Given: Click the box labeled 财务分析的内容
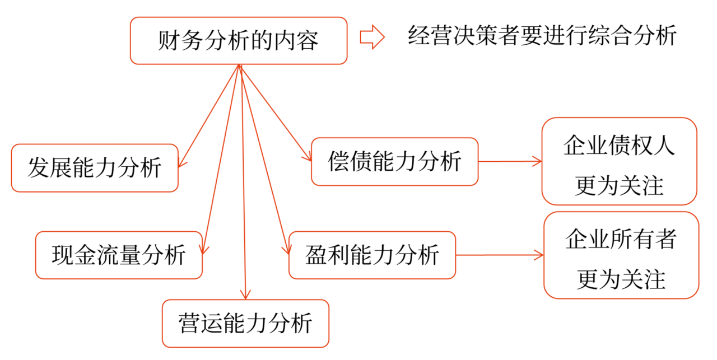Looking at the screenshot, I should coord(239,40).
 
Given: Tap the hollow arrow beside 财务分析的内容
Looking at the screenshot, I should coord(372,38).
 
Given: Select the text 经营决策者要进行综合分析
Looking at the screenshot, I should coord(542,37).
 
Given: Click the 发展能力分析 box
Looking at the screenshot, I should coord(95,168).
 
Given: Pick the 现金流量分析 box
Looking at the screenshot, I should coord(119,255).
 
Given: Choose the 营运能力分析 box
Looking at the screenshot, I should coord(245,324).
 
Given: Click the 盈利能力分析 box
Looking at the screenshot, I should coord(372,255).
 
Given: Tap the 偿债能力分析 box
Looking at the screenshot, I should coord(394,161).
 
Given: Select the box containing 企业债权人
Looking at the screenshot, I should coord(619,161).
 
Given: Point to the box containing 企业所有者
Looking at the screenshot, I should coord(621,255).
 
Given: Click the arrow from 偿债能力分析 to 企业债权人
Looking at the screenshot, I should coord(510,162).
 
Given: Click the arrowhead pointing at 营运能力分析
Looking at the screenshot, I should coord(244,294).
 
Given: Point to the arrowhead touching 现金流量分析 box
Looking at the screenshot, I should coord(204,250).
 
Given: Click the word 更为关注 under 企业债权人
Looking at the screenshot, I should coord(619,185).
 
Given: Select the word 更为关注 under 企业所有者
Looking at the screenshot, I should coord(621,278).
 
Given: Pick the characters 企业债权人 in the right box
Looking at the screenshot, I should coord(619,146).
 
